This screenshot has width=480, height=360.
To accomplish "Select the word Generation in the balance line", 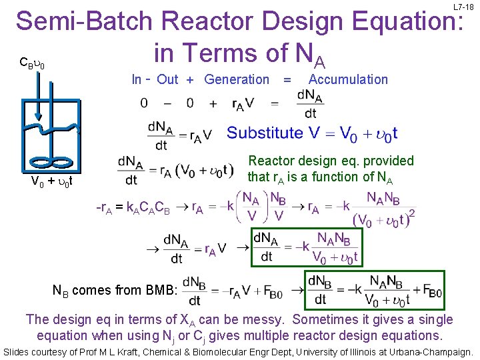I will point(237,80).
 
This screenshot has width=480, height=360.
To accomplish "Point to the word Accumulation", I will point(349,80).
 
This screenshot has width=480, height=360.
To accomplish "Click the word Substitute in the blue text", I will point(265,133).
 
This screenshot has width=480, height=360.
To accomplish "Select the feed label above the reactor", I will point(31,63).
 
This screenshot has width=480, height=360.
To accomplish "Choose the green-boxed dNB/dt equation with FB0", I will point(374,290).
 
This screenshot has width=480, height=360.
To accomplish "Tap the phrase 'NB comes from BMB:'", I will point(115,290).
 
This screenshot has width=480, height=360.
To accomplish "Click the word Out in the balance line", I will point(167,80).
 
